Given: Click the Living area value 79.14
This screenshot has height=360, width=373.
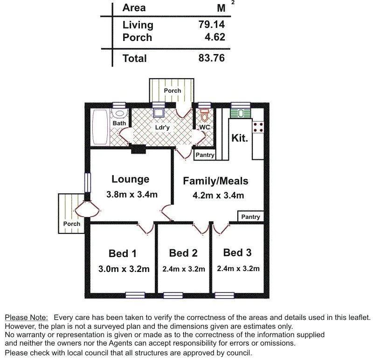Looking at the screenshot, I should click(x=212, y=25).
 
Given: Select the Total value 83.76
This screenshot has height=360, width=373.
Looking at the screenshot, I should click(x=212, y=58).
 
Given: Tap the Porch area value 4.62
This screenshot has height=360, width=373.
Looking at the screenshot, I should click(x=215, y=37).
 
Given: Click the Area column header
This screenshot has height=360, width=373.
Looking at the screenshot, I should click(x=134, y=8).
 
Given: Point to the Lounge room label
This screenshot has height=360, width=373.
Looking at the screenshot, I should click(x=131, y=179).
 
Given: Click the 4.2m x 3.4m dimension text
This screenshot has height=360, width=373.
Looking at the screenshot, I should click(x=218, y=196).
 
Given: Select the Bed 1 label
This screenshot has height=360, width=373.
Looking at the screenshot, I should click(x=123, y=253).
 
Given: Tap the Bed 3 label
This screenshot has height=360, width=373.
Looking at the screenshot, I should click(x=237, y=252).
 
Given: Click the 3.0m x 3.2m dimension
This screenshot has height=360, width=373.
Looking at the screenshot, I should click(x=124, y=269).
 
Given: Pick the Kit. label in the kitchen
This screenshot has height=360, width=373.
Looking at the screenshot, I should click(x=240, y=138).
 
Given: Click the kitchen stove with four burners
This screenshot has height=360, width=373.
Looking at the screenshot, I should click(x=258, y=127).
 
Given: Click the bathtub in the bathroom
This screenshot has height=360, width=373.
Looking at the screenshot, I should click(x=100, y=128).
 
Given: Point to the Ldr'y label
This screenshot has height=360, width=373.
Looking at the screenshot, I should click(x=162, y=127).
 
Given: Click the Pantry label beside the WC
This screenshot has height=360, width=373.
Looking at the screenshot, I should click(x=205, y=155).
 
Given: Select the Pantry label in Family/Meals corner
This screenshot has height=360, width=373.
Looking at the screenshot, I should click(x=251, y=217).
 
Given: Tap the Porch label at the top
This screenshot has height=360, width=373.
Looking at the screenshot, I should click(x=173, y=90).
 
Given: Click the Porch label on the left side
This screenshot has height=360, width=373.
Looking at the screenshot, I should click(x=72, y=224).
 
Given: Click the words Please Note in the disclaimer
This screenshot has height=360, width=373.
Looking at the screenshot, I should click(x=26, y=317).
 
